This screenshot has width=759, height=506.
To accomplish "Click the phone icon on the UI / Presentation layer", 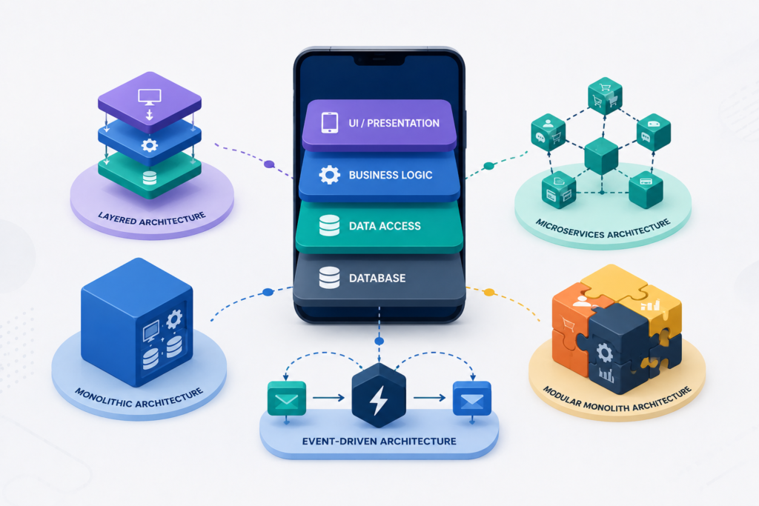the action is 330,122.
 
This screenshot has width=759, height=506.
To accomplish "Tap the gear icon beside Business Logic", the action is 330,175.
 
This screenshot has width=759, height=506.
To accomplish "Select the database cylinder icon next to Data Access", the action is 329,225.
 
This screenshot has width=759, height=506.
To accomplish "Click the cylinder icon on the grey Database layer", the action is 329,278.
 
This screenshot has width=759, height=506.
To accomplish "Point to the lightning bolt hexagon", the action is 379,395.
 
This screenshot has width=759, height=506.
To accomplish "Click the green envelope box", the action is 287,398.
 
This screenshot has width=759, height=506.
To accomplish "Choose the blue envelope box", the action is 472,398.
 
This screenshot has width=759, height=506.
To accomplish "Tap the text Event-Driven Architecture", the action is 379,442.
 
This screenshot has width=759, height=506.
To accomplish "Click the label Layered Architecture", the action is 152,219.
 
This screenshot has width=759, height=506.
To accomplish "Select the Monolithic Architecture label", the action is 139,398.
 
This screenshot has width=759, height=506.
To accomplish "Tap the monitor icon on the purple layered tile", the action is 150,96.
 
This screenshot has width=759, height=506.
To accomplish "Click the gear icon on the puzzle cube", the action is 605,353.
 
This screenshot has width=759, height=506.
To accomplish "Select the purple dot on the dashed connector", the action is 269,164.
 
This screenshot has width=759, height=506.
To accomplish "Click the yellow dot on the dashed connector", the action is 489,292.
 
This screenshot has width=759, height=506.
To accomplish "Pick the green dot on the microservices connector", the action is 489,166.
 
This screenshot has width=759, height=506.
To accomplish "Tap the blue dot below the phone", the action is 379,341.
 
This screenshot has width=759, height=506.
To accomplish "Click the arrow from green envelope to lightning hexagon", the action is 328,398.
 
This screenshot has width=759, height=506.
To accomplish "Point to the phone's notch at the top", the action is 379,59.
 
